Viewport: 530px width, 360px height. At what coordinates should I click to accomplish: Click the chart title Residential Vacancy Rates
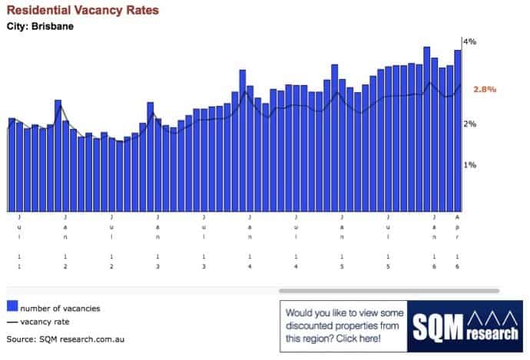coord(83,11)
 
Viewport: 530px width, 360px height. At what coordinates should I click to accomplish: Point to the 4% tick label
coord(469,41)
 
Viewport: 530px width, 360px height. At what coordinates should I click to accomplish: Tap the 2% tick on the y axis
coord(469,124)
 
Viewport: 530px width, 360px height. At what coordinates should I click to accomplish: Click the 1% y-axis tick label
coord(469,165)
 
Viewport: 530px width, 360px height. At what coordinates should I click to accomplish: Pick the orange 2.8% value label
coord(485,89)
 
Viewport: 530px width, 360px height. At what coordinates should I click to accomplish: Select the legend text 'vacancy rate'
coord(46,322)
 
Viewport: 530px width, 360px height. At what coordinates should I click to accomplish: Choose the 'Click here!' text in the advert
coord(357,338)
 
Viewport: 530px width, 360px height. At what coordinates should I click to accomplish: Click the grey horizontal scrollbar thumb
coord(389,291)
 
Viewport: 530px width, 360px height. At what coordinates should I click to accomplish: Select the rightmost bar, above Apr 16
coord(458,130)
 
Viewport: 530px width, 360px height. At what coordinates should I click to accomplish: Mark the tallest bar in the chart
coord(427,129)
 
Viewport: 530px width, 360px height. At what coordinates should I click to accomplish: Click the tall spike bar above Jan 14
coord(242,140)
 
